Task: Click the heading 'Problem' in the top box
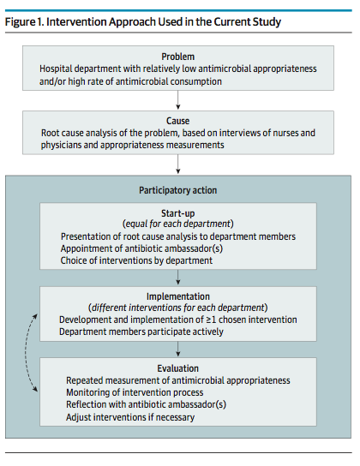(177, 57)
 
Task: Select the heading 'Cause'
(177, 121)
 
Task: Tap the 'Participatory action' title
(177, 190)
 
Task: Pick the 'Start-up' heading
(177, 213)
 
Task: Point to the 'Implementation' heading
(177, 296)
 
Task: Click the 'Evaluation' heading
(177, 368)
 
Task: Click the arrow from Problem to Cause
(177, 100)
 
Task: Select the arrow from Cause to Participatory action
(177, 164)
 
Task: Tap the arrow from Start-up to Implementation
(177, 278)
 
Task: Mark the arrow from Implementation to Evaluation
(177, 349)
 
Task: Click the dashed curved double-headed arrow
(26, 352)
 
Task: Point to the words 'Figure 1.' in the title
(25, 22)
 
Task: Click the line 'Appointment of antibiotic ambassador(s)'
(141, 248)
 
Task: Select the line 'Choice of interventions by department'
(136, 260)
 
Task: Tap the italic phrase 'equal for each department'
(177, 224)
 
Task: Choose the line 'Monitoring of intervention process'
(135, 392)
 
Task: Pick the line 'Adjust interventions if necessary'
(130, 417)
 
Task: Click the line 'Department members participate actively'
(141, 332)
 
